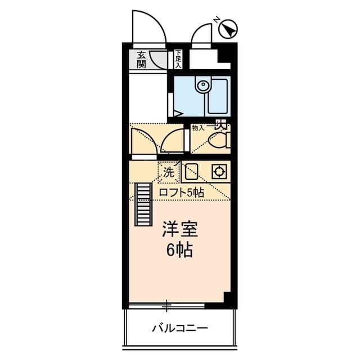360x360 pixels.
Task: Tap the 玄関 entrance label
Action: pyautogui.click(x=141, y=60)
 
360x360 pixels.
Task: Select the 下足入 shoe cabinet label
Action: pyautogui.click(x=178, y=59)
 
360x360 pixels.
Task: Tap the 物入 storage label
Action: pyautogui.click(x=199, y=128)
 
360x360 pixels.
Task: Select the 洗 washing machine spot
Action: pyautogui.click(x=168, y=173)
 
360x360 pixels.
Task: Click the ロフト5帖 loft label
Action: pyautogui.click(x=181, y=192)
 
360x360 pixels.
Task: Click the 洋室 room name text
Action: pyautogui.click(x=179, y=229)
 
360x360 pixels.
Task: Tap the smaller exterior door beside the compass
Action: pyautogui.click(x=202, y=35)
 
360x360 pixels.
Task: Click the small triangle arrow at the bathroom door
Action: pyautogui.click(x=177, y=113)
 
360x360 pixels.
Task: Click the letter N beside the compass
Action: pyautogui.click(x=217, y=20)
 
